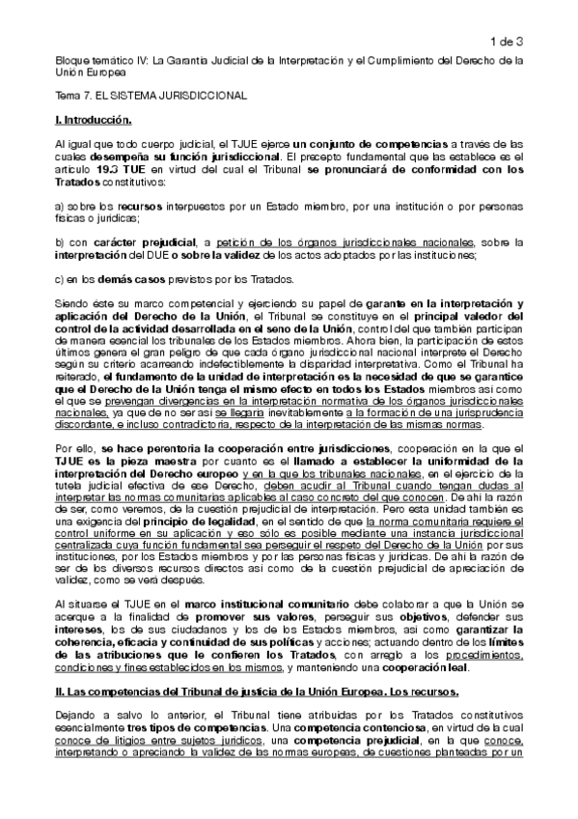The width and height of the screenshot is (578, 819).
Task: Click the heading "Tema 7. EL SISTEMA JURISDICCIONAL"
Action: pyautogui.click(x=151, y=97)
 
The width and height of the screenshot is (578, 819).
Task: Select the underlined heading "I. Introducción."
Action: pyautogui.click(x=93, y=120)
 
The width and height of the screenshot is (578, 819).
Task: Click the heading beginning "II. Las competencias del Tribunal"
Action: pyautogui.click(x=272, y=692)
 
